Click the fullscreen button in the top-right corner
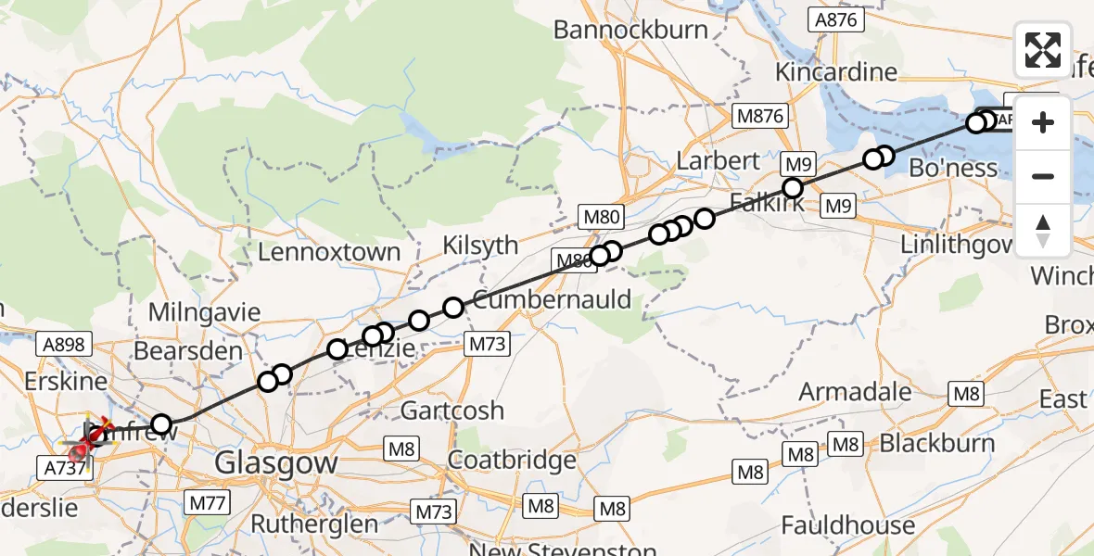tap(1043, 50)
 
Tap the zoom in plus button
tap(1043, 123)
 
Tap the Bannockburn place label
tap(631, 30)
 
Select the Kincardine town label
tap(836, 72)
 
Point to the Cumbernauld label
tap(552, 300)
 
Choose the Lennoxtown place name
tap(329, 252)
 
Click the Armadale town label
tap(855, 391)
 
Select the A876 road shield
tap(836, 20)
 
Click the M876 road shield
tap(759, 116)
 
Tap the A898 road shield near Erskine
tap(64, 345)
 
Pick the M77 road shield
tap(210, 502)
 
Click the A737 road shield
tap(64, 469)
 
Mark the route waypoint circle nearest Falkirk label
tap(793, 188)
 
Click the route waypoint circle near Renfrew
tap(162, 425)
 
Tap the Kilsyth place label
tap(480, 246)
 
